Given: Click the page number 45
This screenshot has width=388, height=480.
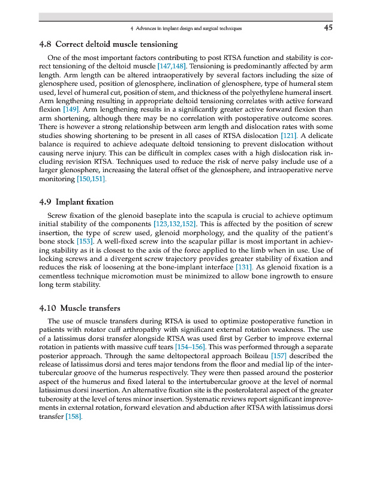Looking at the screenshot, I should coord(328,28).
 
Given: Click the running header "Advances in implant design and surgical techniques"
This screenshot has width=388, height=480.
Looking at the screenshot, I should coord(190,28).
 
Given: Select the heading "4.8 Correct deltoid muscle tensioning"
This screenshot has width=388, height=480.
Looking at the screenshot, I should coord(108,44).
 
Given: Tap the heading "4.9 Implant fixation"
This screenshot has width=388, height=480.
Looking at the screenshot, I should coord(76,202).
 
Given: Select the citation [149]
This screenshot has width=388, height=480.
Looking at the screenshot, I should coord(71,110).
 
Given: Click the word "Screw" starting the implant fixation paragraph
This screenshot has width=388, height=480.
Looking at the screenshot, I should coord(58,215).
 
